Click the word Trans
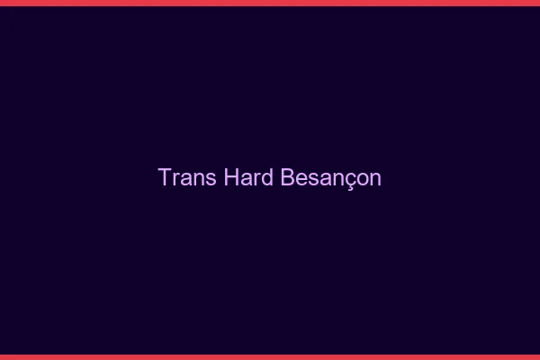pyautogui.click(x=187, y=177)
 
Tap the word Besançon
pyautogui.click(x=331, y=177)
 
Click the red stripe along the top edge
pyautogui.click(x=270, y=3)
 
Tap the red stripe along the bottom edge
pyautogui.click(x=270, y=356)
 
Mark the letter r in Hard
pyautogui.click(x=257, y=179)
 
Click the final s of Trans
pyautogui.click(x=211, y=179)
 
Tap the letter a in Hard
pyautogui.click(x=246, y=179)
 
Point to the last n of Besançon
pyautogui.click(x=375, y=179)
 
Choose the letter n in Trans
pyautogui.click(x=199, y=179)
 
